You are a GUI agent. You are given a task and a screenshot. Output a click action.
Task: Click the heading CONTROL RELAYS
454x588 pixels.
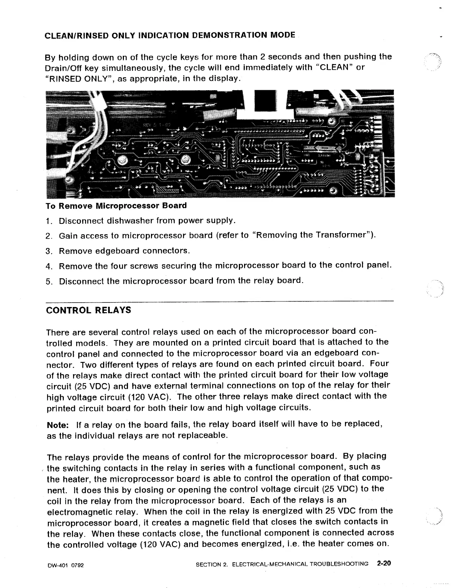point(88,310)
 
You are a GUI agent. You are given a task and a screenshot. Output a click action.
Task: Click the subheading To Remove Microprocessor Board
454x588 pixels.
point(116,206)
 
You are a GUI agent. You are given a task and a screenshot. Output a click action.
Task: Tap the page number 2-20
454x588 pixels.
point(384,563)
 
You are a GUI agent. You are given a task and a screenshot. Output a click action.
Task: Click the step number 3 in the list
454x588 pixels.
point(48,251)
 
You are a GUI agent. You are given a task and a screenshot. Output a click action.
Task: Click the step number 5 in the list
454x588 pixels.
point(48,281)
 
